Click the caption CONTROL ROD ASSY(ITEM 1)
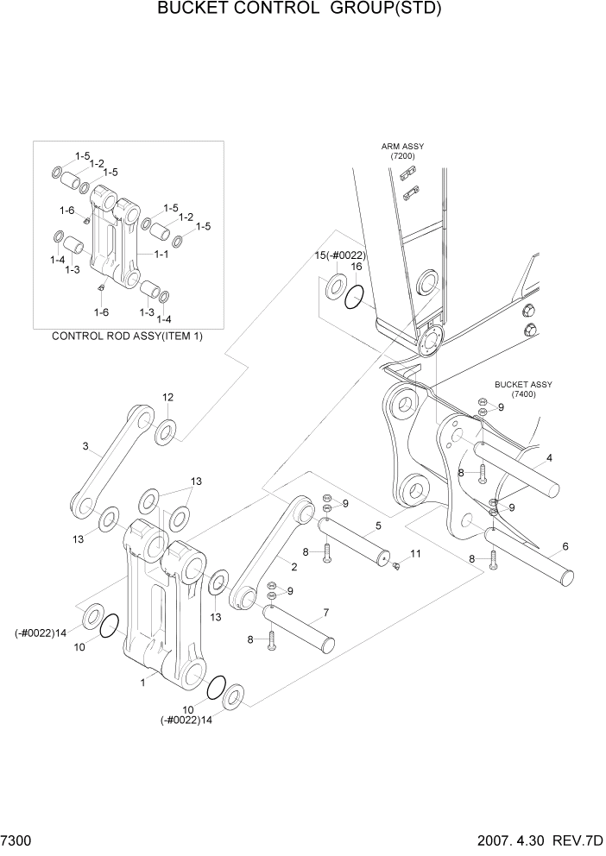128,336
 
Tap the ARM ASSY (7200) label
402,151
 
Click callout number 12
167,397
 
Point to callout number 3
85,446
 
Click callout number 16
356,267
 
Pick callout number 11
414,553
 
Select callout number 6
565,546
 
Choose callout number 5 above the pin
378,526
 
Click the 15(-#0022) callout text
339,255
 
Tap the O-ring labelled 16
355,300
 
